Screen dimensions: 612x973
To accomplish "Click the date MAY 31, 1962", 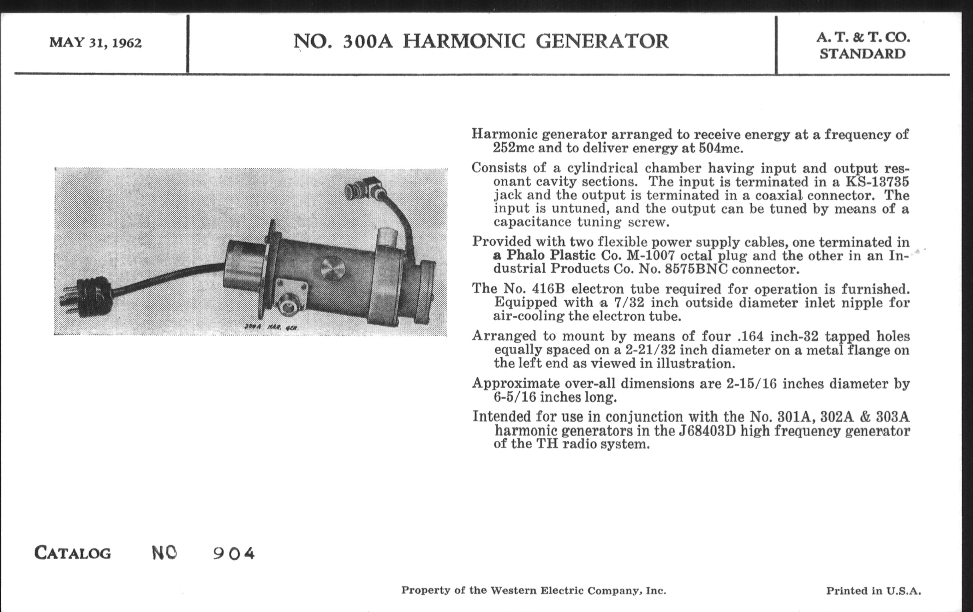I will (95, 43).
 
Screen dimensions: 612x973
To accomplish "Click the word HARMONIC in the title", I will (464, 42).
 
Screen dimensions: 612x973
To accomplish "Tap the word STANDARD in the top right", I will (862, 54).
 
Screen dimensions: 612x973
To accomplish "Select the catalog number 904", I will (234, 554).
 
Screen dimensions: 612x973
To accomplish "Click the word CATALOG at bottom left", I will (73, 553).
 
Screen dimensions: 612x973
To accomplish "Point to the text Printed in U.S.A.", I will (873, 591).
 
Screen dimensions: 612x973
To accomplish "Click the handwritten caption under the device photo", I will (271, 327).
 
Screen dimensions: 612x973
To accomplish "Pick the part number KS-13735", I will (877, 182).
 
